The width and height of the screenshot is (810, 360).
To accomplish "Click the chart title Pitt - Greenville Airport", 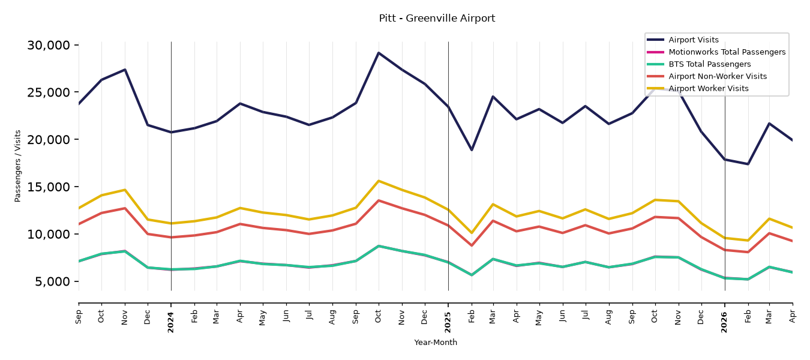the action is coord(437,18).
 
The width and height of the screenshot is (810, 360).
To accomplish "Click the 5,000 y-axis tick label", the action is coord(52,281).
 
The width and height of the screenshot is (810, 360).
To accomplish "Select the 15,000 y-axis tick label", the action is coord(49,187).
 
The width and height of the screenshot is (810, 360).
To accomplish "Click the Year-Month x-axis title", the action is coord(436,342).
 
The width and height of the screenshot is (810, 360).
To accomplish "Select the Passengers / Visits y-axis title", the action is coord(18,166).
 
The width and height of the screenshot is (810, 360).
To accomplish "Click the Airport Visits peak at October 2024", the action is coord(379,53).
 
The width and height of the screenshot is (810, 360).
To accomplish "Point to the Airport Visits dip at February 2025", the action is coord(472,149).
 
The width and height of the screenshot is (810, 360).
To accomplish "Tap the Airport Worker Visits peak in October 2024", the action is coord(379,181).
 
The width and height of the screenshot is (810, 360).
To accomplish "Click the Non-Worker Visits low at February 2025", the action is coord(472,245).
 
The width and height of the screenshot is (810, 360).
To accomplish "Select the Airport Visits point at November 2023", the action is coord(125,70).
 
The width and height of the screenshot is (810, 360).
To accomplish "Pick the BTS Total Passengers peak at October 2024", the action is coord(379,246).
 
